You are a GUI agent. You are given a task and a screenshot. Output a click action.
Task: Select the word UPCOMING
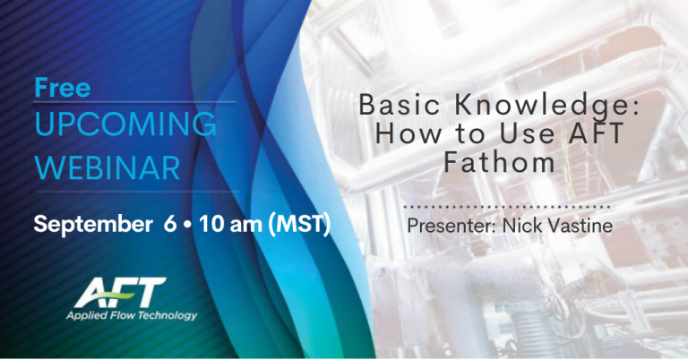[x=125, y=124]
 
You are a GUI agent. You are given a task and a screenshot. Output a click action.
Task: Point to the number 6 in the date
[x=168, y=224]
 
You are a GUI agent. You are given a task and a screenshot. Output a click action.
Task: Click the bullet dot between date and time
[x=186, y=224]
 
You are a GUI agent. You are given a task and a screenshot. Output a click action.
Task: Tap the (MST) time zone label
[x=300, y=224]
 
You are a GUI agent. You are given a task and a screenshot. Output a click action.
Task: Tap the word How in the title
[x=400, y=136]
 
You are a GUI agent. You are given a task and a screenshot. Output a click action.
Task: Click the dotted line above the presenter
[x=509, y=205]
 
